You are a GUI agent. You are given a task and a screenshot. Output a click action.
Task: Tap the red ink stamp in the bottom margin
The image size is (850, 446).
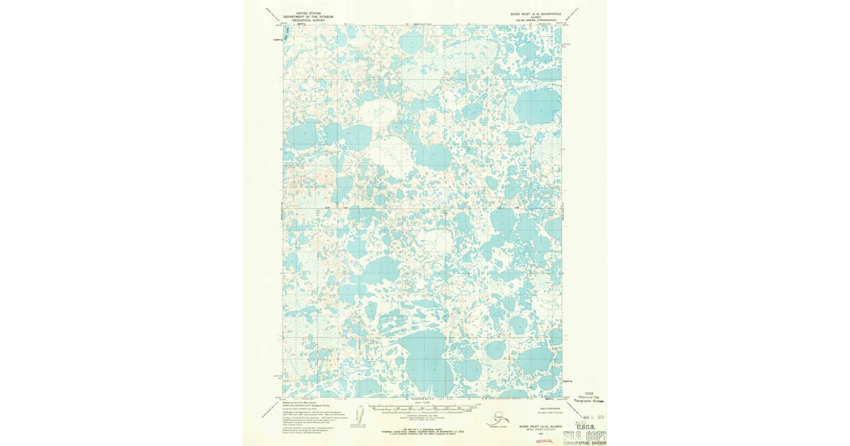544,440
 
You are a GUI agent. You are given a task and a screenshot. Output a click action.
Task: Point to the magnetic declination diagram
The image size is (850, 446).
359,416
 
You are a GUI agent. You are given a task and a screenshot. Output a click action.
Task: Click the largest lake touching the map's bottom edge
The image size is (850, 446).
425,361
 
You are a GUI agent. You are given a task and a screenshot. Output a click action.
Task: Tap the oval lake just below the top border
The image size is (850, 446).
412,43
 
